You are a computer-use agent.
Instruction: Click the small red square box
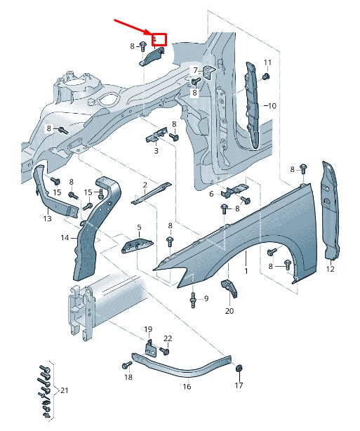[159, 39]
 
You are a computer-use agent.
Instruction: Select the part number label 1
[246, 270]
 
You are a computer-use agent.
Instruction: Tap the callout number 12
[331, 269]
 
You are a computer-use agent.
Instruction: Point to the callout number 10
[271, 106]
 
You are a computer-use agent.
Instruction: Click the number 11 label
[267, 63]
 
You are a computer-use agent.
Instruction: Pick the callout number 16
[187, 386]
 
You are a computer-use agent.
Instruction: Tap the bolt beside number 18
[127, 366]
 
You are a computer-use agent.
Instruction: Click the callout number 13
[47, 219]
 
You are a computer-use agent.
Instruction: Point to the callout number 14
[65, 238]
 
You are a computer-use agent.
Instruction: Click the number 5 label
[139, 227]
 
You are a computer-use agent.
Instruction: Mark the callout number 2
[145, 185]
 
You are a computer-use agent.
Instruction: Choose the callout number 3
[155, 151]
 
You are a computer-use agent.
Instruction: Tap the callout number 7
[195, 69]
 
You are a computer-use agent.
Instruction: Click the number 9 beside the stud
[206, 299]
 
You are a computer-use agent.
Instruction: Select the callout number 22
[168, 339]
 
